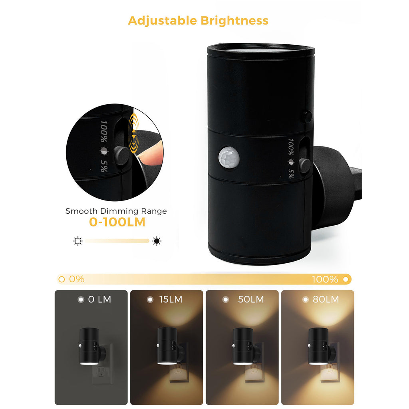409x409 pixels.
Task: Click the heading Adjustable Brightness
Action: (x=198, y=20)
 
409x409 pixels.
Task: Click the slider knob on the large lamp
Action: (x=305, y=165)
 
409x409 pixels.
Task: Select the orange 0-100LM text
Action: (x=117, y=222)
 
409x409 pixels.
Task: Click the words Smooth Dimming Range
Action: (x=116, y=211)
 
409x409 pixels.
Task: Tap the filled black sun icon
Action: (x=157, y=241)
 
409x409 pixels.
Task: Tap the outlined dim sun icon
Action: (x=77, y=241)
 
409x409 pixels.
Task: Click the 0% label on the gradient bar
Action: (x=76, y=279)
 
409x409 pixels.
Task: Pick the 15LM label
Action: (x=170, y=299)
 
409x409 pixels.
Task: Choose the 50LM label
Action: (x=250, y=299)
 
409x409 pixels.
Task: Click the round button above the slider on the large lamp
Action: (x=308, y=116)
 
